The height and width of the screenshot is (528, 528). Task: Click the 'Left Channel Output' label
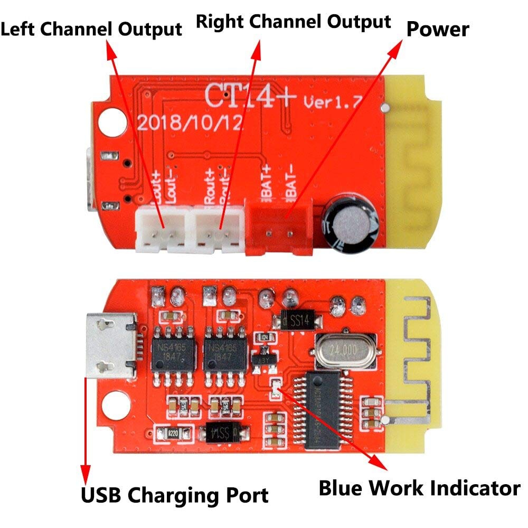(91, 29)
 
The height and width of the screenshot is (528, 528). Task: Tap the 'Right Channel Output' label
(294, 22)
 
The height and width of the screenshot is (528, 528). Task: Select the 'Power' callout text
(438, 29)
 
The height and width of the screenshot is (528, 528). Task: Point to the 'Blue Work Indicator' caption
(419, 488)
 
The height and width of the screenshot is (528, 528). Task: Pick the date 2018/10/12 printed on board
(190, 123)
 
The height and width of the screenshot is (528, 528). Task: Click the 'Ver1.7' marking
(332, 102)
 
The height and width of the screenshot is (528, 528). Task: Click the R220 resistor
(172, 433)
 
